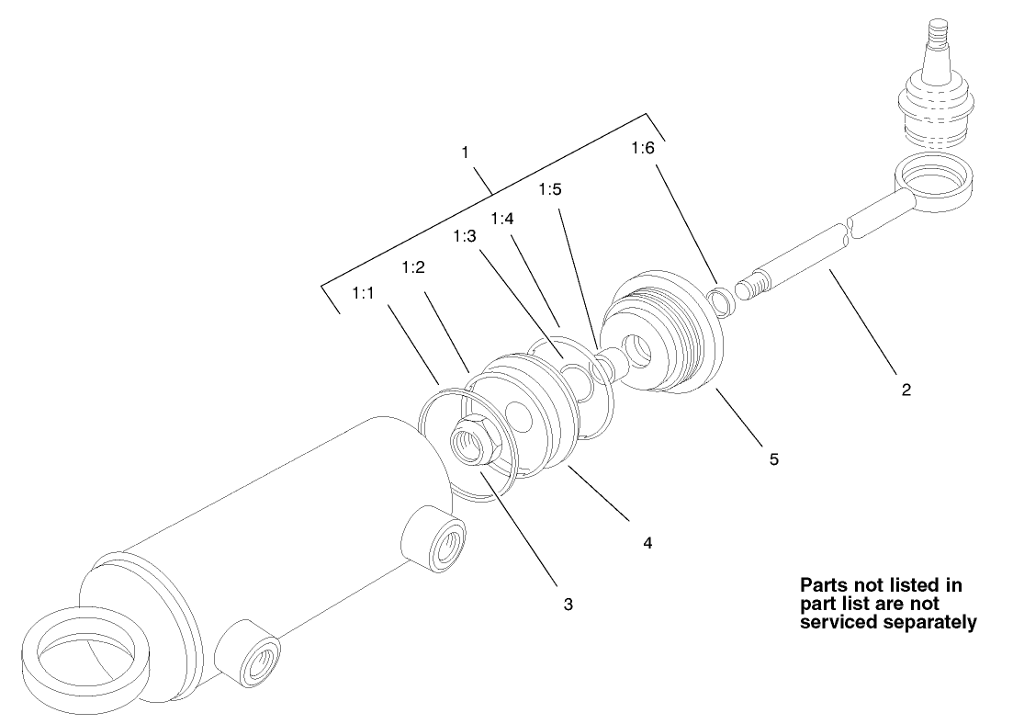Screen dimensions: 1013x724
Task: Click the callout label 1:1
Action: pyautogui.click(x=363, y=293)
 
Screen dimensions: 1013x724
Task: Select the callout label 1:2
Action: pyautogui.click(x=413, y=267)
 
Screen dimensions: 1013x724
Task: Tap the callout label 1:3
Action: pyautogui.click(x=465, y=236)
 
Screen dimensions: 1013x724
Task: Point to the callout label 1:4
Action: pyautogui.click(x=502, y=219)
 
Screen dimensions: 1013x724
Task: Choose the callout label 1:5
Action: pyautogui.click(x=550, y=188)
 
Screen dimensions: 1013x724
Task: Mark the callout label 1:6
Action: pyautogui.click(x=643, y=148)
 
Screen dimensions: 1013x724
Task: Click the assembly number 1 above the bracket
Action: pyautogui.click(x=465, y=153)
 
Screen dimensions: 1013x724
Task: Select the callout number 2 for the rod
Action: pyautogui.click(x=906, y=390)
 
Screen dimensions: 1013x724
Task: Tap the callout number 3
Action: pyautogui.click(x=568, y=605)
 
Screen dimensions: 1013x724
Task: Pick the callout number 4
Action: pyautogui.click(x=648, y=542)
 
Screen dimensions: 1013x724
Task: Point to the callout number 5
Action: pyautogui.click(x=774, y=459)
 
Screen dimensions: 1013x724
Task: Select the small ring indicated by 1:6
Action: pyautogui.click(x=721, y=301)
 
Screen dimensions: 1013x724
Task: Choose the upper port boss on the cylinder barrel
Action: pyautogui.click(x=433, y=538)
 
